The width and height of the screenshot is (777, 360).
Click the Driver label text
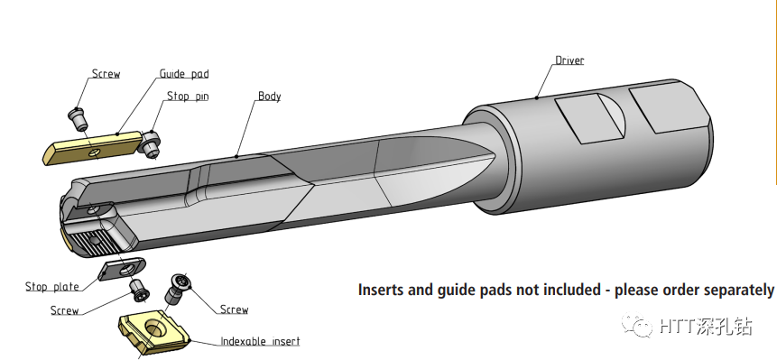(x=569, y=60)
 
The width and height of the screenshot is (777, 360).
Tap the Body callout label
(x=270, y=96)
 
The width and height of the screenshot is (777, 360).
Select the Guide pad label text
(x=184, y=74)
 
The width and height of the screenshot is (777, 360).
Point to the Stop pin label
(x=188, y=96)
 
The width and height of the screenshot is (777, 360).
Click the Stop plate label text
(x=52, y=287)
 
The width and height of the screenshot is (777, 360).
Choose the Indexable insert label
(x=260, y=341)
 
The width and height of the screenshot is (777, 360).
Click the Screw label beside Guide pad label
(x=106, y=74)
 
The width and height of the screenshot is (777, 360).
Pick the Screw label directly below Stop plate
(x=64, y=310)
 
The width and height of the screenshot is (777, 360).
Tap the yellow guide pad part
(x=93, y=148)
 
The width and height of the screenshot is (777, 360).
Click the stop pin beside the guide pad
(x=150, y=143)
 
